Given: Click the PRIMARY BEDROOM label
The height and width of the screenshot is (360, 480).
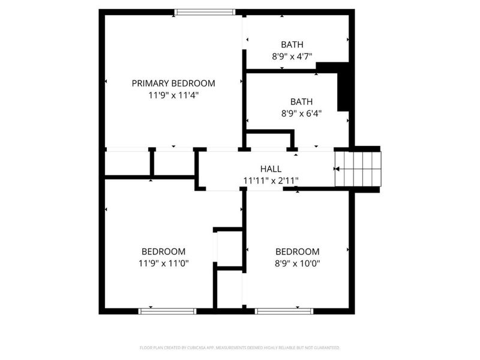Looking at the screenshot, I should [x=173, y=83].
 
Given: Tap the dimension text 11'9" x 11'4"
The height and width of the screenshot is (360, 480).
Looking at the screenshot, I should [x=173, y=95].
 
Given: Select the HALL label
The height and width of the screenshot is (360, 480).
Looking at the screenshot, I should [x=271, y=169].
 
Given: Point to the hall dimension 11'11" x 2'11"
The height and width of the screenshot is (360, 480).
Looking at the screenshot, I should [x=271, y=180].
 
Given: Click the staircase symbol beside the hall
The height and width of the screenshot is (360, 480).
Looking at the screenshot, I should [x=358, y=169].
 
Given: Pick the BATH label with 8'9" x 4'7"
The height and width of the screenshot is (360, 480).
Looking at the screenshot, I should [x=292, y=44].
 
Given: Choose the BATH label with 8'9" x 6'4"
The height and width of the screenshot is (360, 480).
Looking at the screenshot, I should [x=301, y=102].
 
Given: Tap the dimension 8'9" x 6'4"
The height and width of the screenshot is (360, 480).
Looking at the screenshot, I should [x=301, y=113].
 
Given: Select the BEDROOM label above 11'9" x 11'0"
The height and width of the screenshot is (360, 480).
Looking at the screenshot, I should [x=163, y=251].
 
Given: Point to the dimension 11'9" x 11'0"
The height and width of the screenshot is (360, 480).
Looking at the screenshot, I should [x=163, y=263].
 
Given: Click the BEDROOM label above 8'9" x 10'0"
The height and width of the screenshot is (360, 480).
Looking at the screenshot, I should [x=297, y=251].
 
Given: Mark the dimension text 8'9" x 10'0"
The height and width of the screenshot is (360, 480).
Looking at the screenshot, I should [x=297, y=263].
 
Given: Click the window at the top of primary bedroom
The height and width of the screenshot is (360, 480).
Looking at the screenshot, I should [x=205, y=11].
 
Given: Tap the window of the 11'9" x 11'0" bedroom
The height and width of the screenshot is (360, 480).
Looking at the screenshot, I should [x=168, y=311].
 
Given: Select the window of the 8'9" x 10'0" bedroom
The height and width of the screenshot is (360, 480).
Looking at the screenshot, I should [x=284, y=311].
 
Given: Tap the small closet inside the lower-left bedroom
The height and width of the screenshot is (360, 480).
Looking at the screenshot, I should [x=228, y=248].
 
